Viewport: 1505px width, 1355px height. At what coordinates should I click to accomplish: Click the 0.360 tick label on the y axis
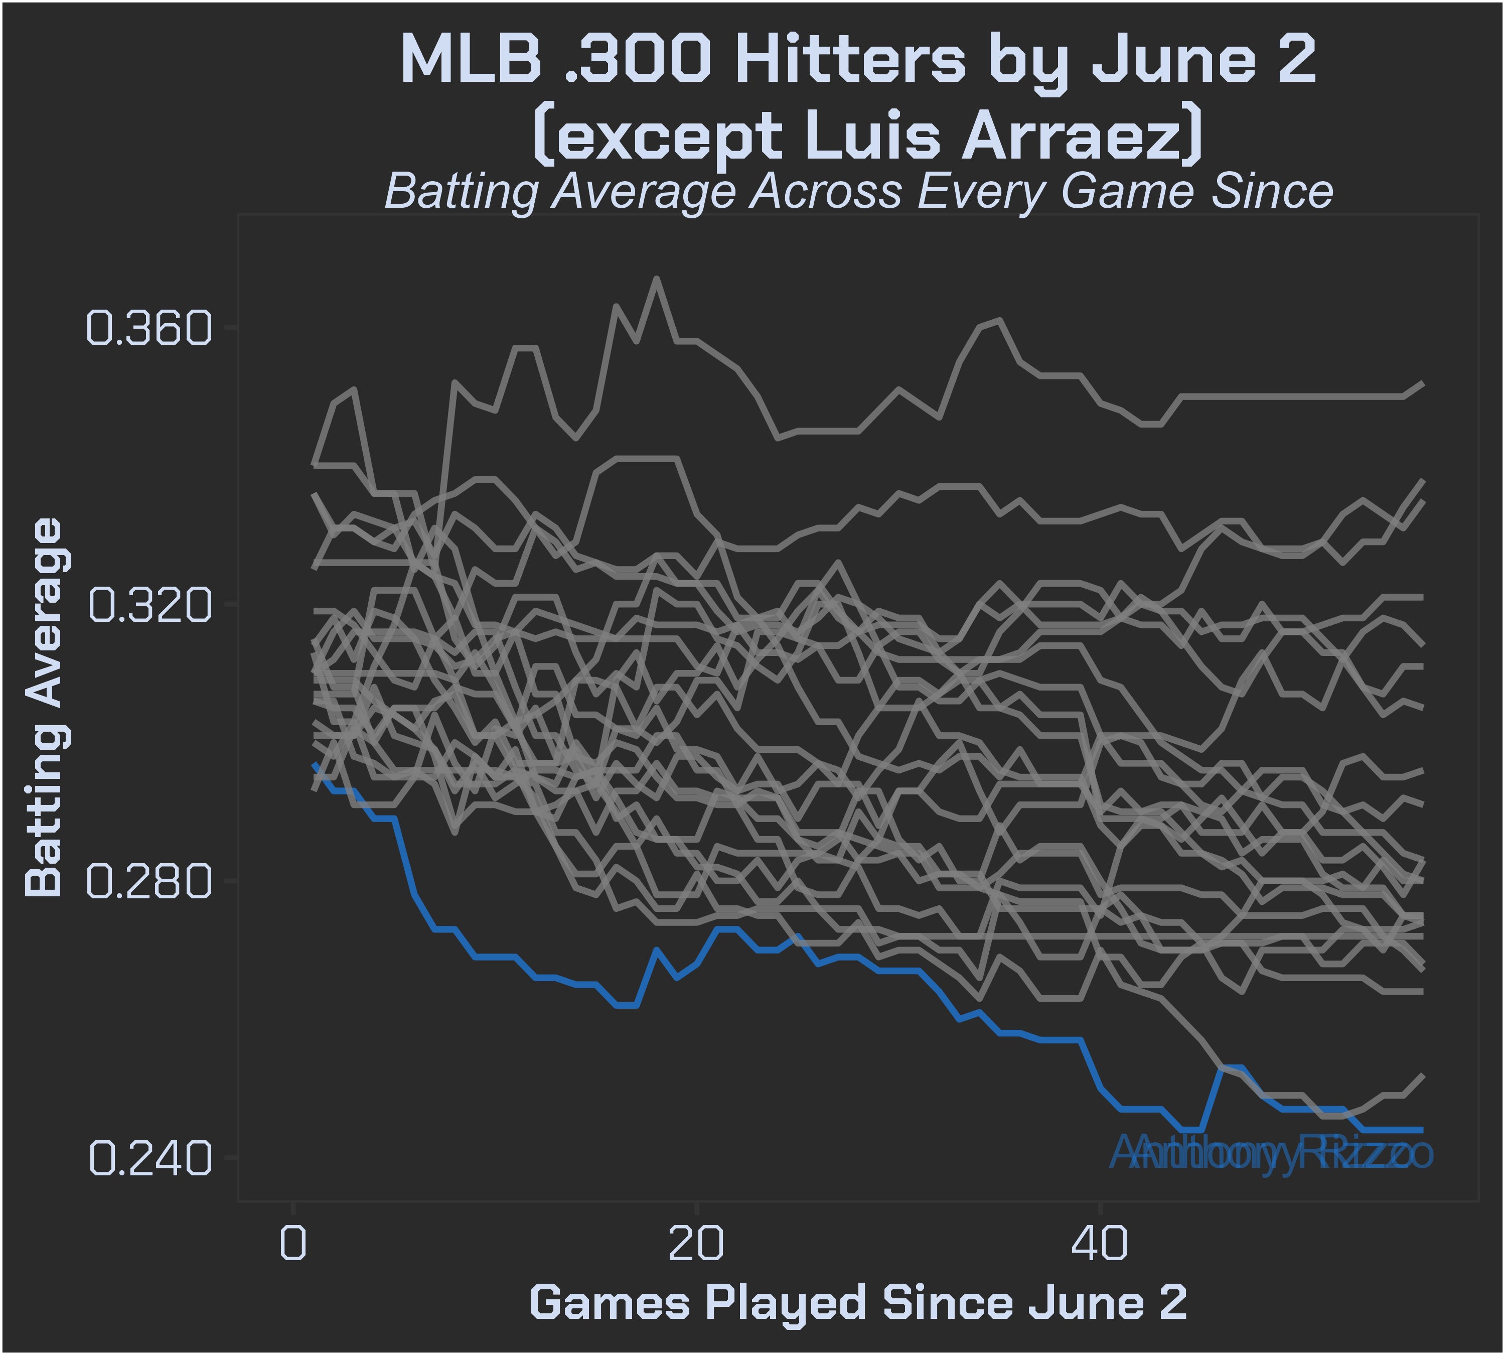pos(149,328)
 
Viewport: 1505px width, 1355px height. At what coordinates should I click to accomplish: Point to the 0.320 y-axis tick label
pos(149,605)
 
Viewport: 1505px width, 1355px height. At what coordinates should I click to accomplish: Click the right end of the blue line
pos(1422,1130)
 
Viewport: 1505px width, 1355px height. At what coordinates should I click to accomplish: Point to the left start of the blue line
pos(314,764)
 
